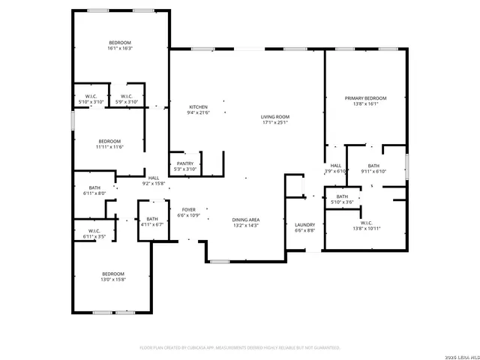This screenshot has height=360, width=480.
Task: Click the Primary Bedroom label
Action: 365,98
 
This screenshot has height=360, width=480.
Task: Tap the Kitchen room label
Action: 198,107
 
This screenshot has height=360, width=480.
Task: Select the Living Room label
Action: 275,117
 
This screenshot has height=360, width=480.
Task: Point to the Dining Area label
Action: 245,220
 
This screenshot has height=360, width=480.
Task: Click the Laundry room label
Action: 304,224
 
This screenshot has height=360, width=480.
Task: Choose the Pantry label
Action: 185,163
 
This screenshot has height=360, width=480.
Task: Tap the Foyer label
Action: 188,210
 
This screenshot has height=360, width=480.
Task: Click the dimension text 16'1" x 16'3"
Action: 120,49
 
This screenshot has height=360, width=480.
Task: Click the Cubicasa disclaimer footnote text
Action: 240,347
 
